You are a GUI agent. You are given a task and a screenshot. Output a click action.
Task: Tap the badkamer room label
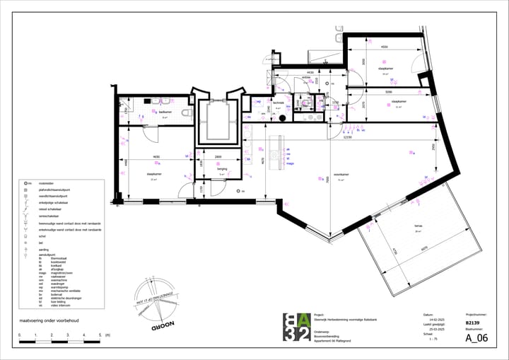click(165, 112)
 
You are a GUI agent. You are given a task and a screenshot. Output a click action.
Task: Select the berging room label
click(221, 170)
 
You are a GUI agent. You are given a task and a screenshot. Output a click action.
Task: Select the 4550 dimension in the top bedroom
click(384, 48)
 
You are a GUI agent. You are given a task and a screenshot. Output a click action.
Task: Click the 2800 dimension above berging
click(218, 156)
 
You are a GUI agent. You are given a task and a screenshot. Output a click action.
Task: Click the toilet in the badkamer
click(186, 113)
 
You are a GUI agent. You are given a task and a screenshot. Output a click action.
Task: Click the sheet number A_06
click(476, 338)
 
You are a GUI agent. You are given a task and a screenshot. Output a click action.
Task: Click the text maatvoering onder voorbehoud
click(48, 320)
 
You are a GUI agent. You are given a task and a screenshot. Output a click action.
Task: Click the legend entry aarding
click(43, 249)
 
